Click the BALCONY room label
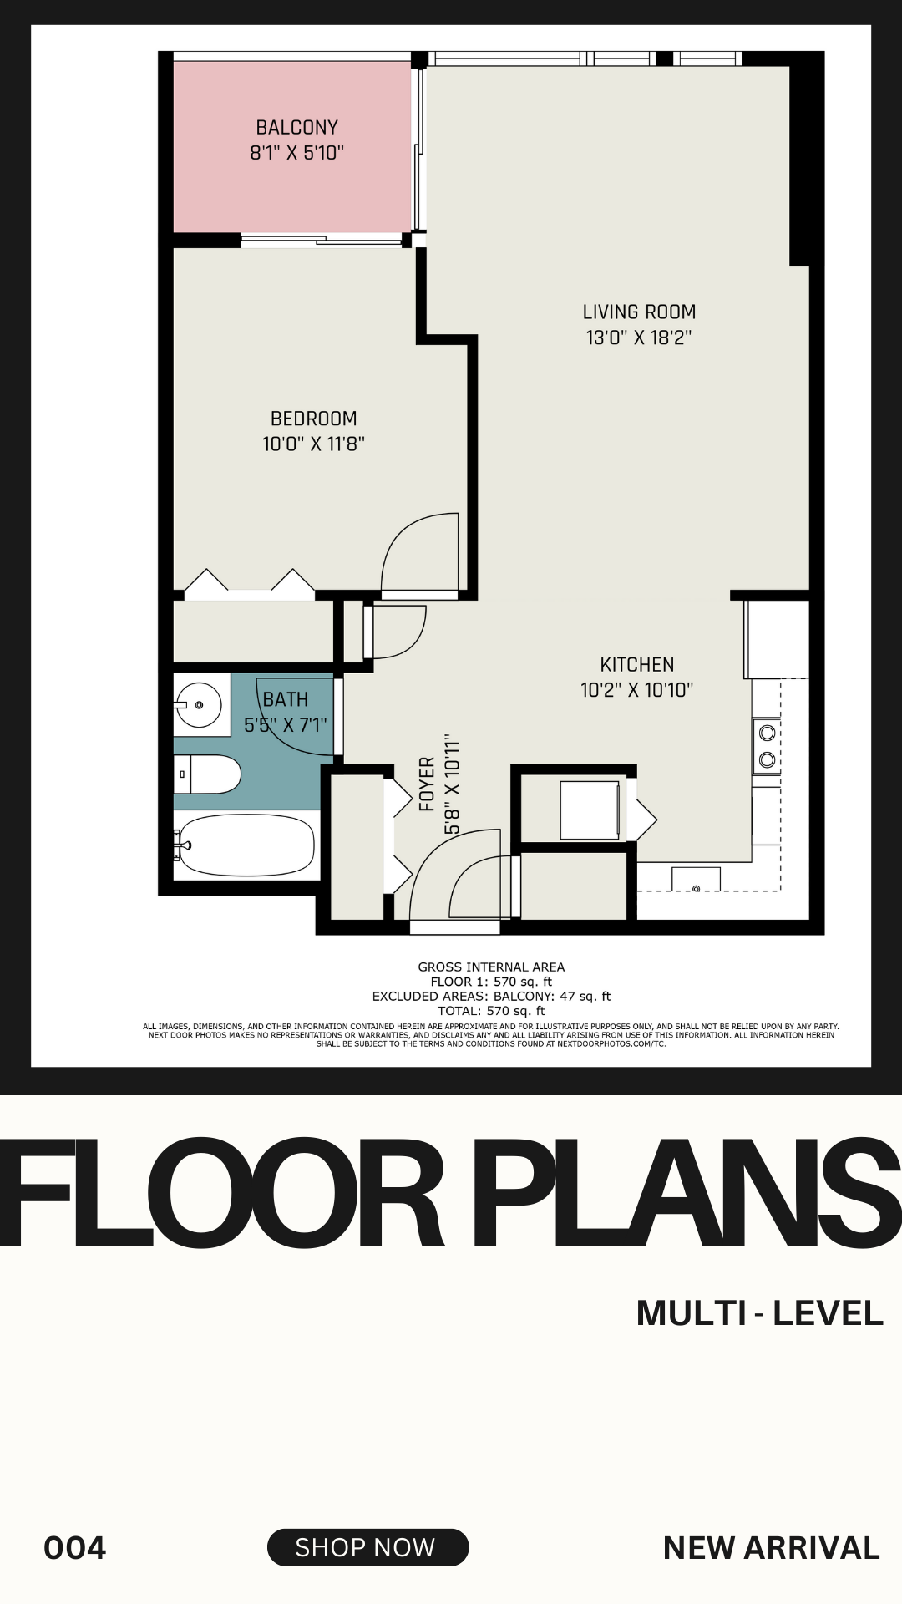point(296,128)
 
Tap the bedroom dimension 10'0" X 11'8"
point(313,444)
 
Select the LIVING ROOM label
point(639,312)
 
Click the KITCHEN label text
point(636,665)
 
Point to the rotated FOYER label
point(427,784)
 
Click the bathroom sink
point(198,705)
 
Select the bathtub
point(246,845)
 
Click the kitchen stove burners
point(767,746)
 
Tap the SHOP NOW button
point(367,1547)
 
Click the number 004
point(75,1548)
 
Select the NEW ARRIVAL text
point(771,1548)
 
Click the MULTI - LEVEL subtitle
point(759,1313)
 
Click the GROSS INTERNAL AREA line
point(491,967)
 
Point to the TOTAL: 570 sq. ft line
point(491,1011)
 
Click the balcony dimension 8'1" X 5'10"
point(296,153)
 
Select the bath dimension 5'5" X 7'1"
point(285,725)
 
